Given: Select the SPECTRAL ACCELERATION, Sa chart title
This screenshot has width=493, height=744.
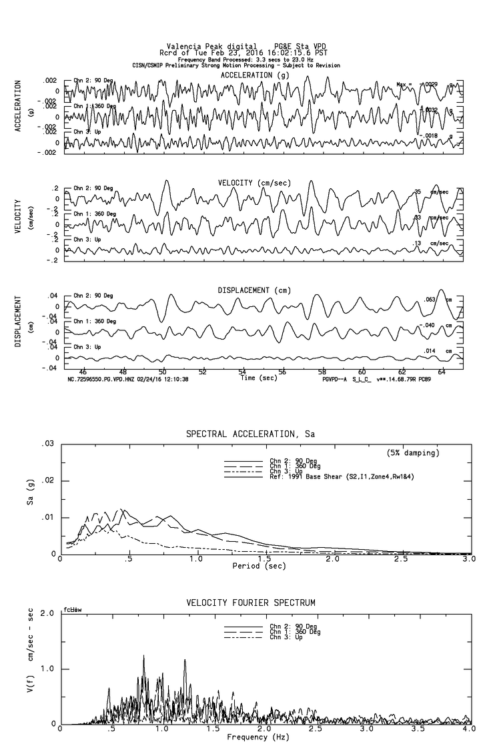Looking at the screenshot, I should (x=250, y=434).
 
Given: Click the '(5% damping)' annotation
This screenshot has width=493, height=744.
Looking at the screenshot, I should (x=414, y=453).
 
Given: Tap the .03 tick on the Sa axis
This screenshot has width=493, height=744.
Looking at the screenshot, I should (x=47, y=444).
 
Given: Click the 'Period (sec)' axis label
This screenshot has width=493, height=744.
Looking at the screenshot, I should (x=260, y=566).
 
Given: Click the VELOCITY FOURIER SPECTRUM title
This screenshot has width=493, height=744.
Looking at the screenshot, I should (x=251, y=603).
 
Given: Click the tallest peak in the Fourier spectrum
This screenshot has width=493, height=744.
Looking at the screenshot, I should (x=143, y=656).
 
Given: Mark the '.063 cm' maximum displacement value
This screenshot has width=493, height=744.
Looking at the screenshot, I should (x=437, y=300).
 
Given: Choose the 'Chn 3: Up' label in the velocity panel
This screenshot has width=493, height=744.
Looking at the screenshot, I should (x=87, y=239).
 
